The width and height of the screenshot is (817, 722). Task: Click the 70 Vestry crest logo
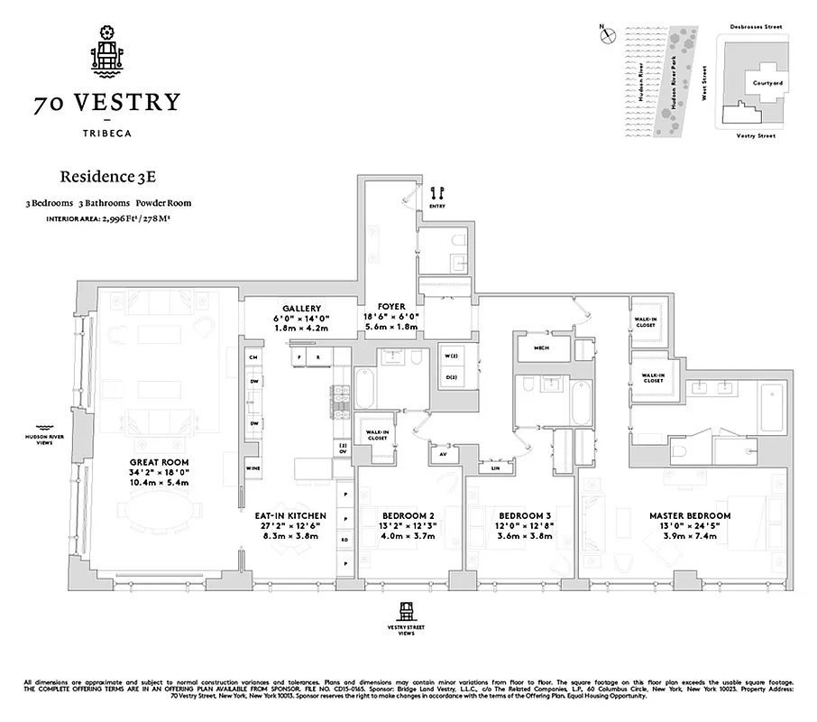(107, 53)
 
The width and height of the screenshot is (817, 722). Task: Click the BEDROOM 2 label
(409, 516)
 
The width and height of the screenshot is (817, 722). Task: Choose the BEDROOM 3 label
(519, 516)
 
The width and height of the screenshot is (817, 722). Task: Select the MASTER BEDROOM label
(690, 516)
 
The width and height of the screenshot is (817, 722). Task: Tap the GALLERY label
(301, 308)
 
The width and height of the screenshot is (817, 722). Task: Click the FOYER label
(391, 307)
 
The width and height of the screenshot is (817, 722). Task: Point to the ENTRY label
(438, 207)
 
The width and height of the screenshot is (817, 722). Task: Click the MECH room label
(541, 347)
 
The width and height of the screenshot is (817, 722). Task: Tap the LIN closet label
(495, 468)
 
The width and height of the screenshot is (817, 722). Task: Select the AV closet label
(442, 454)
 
